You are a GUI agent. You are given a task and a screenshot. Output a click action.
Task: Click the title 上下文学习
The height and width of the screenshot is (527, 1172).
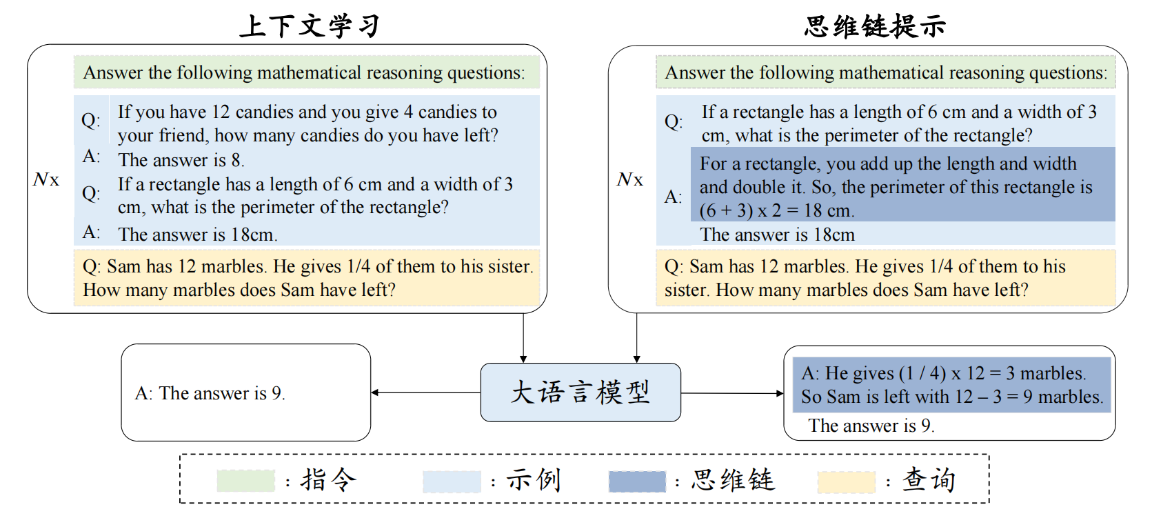pos(310,26)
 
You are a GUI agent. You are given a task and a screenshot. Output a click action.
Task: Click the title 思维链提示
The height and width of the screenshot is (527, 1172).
pos(874,26)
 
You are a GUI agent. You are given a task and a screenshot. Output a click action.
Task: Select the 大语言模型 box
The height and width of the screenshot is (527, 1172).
pos(580,392)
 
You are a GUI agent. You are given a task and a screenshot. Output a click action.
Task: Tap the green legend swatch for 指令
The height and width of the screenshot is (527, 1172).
pos(245,481)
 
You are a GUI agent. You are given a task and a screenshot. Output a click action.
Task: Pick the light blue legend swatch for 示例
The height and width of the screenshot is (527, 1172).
pos(452,481)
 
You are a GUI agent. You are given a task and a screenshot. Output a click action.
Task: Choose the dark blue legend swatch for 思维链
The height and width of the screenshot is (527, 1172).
pos(637,481)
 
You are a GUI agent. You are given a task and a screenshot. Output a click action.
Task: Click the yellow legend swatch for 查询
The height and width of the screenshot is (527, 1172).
pos(845,481)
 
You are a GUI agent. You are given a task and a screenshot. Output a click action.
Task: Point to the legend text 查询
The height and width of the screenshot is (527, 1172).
pos(929,479)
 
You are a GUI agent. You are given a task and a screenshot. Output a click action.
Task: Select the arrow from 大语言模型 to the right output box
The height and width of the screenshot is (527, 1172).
pos(732,393)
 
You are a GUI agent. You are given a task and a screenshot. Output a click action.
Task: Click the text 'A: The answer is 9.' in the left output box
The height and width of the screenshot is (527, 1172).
pos(210,393)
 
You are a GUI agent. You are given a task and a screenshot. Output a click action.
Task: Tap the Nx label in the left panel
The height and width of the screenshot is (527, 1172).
pos(46,180)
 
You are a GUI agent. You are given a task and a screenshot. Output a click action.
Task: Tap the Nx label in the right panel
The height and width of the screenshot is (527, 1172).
pos(629,180)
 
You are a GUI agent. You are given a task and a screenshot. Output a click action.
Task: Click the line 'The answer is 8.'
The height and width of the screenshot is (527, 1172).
pos(181,160)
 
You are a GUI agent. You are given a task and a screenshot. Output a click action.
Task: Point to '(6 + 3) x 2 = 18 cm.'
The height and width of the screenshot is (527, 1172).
pos(777,210)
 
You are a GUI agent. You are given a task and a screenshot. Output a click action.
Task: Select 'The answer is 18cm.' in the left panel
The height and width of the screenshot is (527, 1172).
pos(197,235)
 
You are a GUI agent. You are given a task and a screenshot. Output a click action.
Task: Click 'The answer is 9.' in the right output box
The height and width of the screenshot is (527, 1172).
pos(871,426)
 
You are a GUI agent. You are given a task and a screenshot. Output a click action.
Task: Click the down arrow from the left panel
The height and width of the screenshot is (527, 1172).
pos(523,338)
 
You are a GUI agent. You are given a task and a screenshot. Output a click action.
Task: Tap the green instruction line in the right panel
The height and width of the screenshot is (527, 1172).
pos(885,72)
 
